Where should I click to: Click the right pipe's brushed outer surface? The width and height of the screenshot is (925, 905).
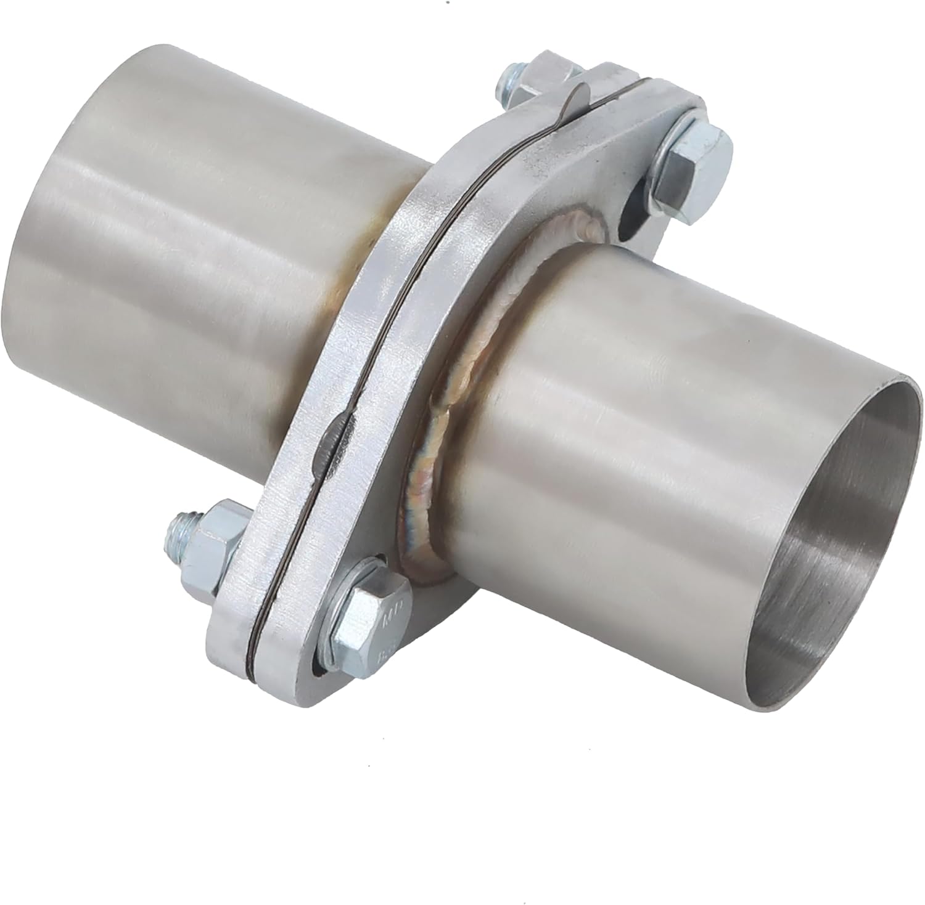[x=617, y=431]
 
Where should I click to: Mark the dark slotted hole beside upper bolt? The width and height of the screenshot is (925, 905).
[x=631, y=219]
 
